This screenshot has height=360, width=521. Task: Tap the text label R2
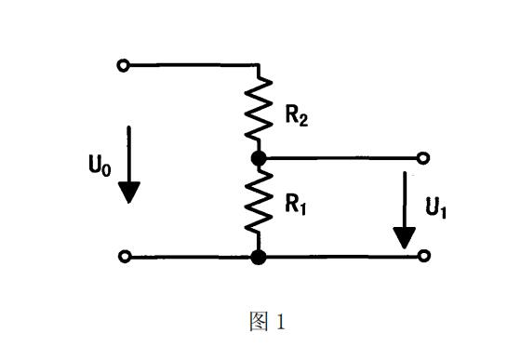296,116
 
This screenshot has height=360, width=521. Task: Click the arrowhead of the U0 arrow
129,192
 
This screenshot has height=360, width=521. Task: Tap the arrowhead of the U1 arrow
405,237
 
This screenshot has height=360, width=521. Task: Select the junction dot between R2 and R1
260,158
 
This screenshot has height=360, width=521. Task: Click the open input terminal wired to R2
122,65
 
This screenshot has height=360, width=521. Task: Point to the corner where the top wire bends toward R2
259,66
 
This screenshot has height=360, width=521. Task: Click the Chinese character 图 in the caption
259,322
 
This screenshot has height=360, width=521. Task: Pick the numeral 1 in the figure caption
281,322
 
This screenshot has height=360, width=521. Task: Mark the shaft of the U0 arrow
129,153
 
